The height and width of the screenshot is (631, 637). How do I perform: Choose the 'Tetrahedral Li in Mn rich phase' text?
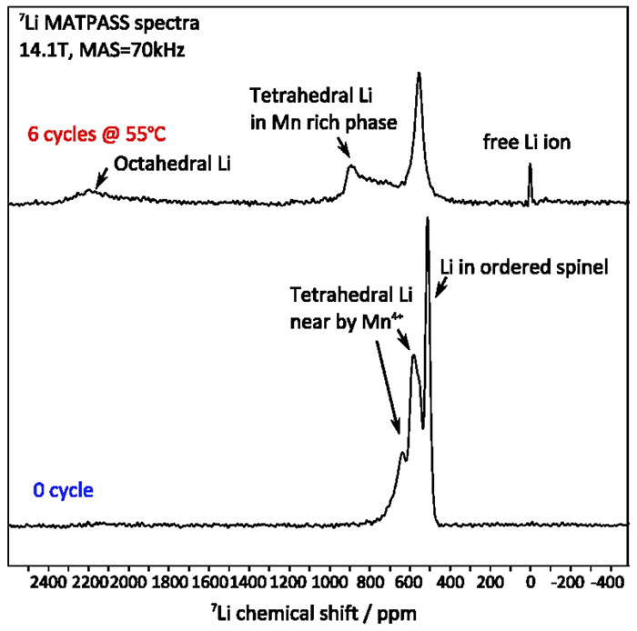(x=322, y=109)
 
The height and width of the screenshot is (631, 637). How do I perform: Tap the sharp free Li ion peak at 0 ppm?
(x=530, y=167)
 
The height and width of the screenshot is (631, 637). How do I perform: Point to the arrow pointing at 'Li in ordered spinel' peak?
(x=440, y=289)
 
